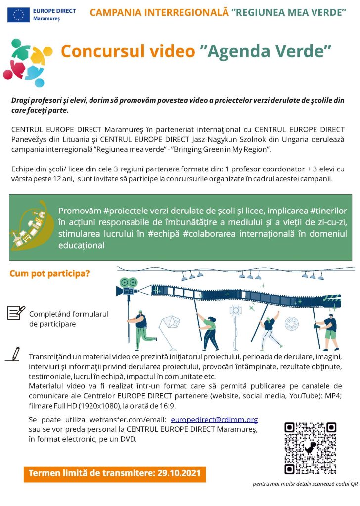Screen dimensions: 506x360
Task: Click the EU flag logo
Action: (18, 14)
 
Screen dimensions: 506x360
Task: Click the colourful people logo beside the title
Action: (28, 58)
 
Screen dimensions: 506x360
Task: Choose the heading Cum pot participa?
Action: (50, 273)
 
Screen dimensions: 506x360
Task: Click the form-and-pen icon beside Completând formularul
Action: (16, 312)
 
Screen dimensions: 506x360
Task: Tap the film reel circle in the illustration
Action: (291, 324)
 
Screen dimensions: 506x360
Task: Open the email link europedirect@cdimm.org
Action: (214, 420)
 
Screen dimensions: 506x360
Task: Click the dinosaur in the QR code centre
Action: (310, 448)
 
